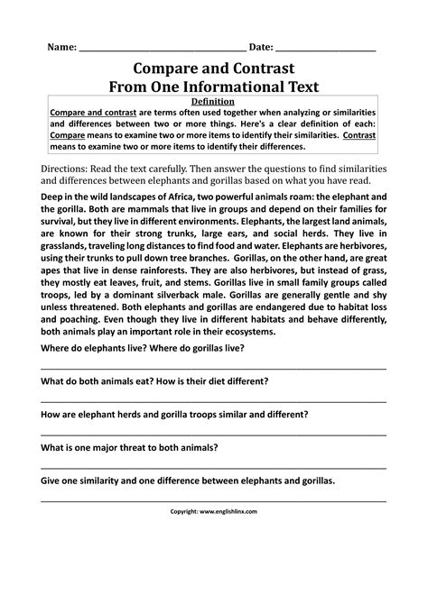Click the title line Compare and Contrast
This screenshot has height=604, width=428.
coord(214,68)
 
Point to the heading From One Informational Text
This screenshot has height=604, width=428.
coord(214,87)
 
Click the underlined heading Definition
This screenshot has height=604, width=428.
coord(214,102)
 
